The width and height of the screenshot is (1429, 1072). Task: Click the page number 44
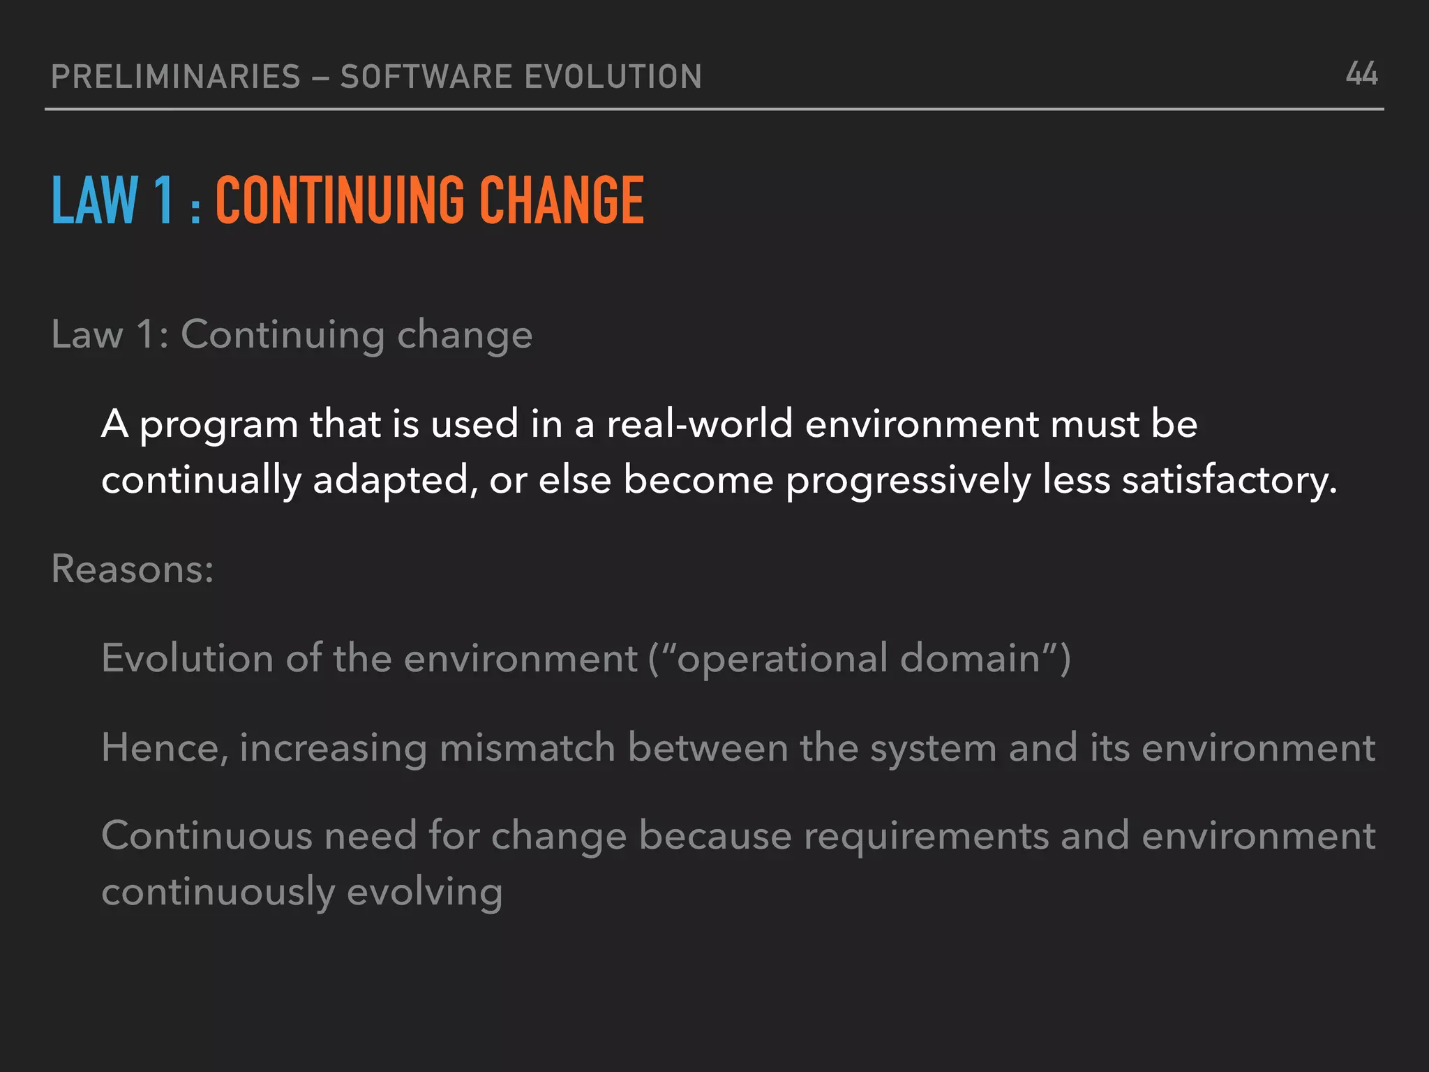[1361, 74]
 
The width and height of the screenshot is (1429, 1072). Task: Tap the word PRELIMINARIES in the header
[176, 77]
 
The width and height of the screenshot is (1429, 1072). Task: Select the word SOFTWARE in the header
[426, 77]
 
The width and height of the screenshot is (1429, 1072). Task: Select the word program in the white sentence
[218, 426]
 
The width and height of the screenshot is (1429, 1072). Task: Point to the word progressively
[908, 482]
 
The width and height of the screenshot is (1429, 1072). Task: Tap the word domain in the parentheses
[970, 658]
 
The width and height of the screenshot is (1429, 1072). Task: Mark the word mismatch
[528, 748]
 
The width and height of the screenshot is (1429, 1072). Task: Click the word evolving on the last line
[424, 893]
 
